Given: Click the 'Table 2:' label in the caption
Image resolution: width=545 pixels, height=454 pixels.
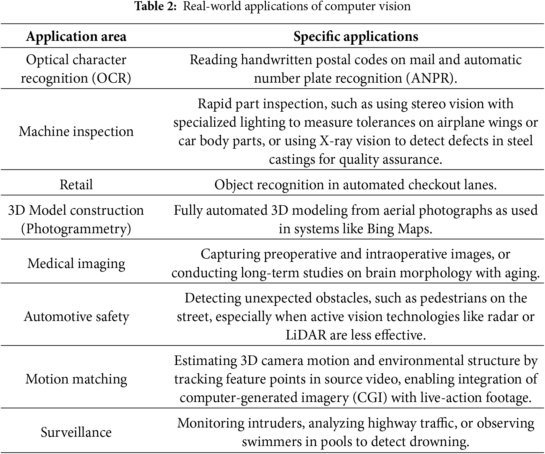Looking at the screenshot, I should (x=155, y=6).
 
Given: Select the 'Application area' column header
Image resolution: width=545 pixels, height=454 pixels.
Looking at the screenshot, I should (x=76, y=36).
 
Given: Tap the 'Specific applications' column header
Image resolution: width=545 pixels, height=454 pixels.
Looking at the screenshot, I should (x=356, y=36).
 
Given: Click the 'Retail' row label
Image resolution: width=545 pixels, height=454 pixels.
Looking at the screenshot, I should (x=76, y=185).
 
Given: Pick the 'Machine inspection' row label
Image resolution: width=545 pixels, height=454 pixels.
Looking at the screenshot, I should (x=76, y=131).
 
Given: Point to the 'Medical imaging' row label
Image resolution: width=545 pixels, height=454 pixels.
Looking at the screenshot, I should (x=76, y=264).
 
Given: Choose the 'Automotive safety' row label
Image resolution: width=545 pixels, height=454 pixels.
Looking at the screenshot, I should (x=76, y=316).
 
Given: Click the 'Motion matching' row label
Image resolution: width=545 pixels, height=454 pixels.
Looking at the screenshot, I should (x=76, y=379).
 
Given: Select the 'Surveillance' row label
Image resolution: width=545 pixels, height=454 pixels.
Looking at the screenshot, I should (x=76, y=432).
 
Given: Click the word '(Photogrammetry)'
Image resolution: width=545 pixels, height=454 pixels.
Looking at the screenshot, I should (x=76, y=229).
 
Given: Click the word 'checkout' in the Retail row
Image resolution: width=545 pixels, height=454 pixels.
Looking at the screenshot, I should (x=430, y=185).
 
